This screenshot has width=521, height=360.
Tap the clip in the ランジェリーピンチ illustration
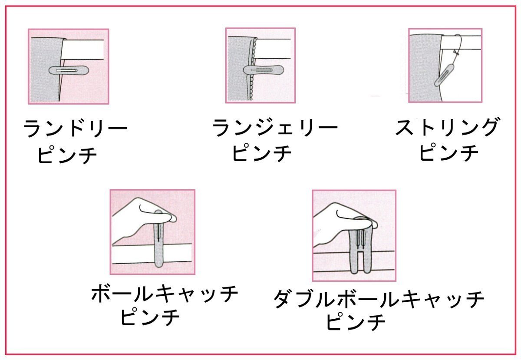(x=264, y=70)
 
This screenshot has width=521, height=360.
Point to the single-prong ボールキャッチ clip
(x=159, y=239)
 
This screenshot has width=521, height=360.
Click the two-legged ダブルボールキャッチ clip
(x=360, y=247)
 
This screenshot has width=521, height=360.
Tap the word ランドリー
(x=76, y=128)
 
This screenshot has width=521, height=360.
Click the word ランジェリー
(x=275, y=128)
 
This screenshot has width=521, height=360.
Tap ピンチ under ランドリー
(x=67, y=155)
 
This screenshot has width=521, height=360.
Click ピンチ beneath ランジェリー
(x=262, y=153)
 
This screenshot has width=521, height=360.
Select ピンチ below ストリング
(x=449, y=153)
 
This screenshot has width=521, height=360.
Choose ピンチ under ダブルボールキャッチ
(x=356, y=322)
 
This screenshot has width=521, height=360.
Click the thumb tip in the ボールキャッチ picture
(x=173, y=218)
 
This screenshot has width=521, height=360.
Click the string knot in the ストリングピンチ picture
(x=456, y=53)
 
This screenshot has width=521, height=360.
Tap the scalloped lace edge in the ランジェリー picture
(x=253, y=69)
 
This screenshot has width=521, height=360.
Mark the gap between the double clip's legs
(x=360, y=261)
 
